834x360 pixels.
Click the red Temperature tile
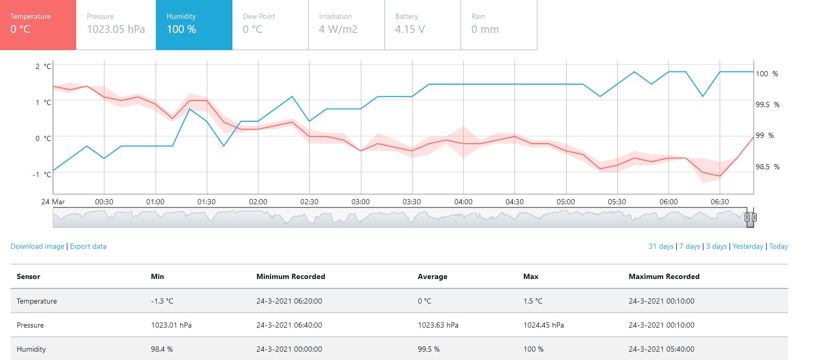tap(38, 25)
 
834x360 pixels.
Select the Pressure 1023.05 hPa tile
tap(116, 25)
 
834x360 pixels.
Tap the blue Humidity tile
tap(194, 25)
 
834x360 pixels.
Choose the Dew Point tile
tap(271, 25)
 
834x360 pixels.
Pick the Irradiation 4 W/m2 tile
tap(347, 25)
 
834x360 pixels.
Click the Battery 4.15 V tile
tap(423, 25)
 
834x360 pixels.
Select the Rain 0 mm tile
tap(499, 25)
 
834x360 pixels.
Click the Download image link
tap(37, 246)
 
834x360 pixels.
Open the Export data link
tap(88, 246)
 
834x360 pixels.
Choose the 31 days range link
tap(661, 246)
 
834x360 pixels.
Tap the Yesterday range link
tap(748, 246)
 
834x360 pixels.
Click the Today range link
tap(779, 246)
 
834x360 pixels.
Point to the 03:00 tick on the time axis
tap(360, 202)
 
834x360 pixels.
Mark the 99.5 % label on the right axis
tap(767, 104)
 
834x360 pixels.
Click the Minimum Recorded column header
tap(291, 276)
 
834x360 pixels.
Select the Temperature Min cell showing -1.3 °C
tap(162, 301)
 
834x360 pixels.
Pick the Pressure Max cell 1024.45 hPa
tap(544, 325)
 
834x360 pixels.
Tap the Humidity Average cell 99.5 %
tap(429, 349)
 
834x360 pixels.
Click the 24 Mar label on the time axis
tap(53, 202)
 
